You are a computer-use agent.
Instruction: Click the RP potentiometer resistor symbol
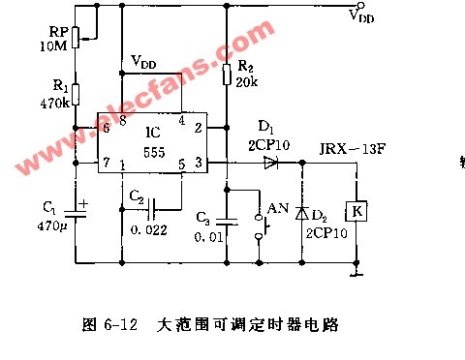point(76,38)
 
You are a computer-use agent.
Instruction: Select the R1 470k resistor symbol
point(76,95)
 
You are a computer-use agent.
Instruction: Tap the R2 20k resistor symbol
point(227,75)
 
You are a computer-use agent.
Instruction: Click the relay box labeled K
point(356,211)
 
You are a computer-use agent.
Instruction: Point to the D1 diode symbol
point(271,163)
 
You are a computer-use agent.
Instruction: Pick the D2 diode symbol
point(302,213)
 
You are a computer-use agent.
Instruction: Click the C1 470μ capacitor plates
point(76,214)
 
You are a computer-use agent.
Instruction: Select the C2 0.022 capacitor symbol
point(151,209)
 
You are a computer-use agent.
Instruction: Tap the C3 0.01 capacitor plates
point(227,222)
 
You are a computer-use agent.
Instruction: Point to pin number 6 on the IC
point(106,128)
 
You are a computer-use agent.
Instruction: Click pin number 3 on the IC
point(199,163)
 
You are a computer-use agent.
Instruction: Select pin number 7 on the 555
point(107,162)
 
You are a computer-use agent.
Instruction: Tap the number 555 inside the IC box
point(154,152)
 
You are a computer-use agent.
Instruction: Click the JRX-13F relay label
point(352,149)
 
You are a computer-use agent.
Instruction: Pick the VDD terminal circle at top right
point(360,5)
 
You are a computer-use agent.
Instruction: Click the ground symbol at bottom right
point(356,274)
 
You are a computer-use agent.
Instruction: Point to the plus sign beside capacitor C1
point(83,204)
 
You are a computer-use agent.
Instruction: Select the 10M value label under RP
point(53,46)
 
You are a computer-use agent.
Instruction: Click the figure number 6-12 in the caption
point(121,324)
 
